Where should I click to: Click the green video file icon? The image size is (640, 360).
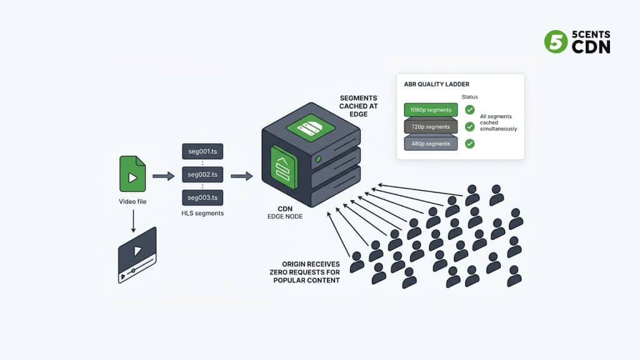click(x=132, y=174)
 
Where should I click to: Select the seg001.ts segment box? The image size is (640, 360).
click(x=202, y=151)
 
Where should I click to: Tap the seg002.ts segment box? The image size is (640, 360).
click(x=202, y=174)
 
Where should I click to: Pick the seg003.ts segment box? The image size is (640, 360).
click(x=202, y=197)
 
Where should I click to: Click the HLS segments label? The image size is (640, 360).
click(x=202, y=213)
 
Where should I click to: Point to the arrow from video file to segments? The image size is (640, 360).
click(x=163, y=176)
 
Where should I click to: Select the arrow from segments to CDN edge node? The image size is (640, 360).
click(x=241, y=176)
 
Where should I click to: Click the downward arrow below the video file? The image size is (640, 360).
click(x=132, y=219)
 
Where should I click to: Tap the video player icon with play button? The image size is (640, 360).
click(x=137, y=255)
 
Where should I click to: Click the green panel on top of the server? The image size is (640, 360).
click(x=311, y=127)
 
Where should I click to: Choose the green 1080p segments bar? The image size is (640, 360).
click(x=431, y=110)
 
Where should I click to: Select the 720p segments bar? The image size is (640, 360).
click(x=431, y=127)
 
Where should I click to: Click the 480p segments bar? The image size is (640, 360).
click(x=431, y=144)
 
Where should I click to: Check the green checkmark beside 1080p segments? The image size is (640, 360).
click(x=469, y=110)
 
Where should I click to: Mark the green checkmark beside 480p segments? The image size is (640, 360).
click(x=469, y=144)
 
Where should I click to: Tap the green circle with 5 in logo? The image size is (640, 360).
click(x=556, y=41)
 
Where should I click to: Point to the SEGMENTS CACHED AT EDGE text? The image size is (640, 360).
click(x=358, y=106)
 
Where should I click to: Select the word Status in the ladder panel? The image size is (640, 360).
click(x=469, y=97)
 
